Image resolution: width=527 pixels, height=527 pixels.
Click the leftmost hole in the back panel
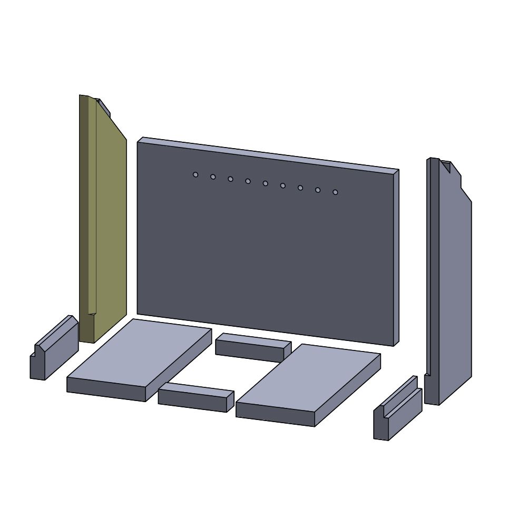[x=196, y=174]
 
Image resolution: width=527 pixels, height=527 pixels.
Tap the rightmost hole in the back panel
[x=335, y=192]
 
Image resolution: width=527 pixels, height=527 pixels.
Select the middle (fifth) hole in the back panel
[x=265, y=183]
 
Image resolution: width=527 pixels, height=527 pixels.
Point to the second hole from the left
[x=213, y=177]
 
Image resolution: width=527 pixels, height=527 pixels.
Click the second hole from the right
[x=318, y=190]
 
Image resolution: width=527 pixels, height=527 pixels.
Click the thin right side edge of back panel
[x=396, y=258]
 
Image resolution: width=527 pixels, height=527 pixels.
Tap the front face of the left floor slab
[x=105, y=389]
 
